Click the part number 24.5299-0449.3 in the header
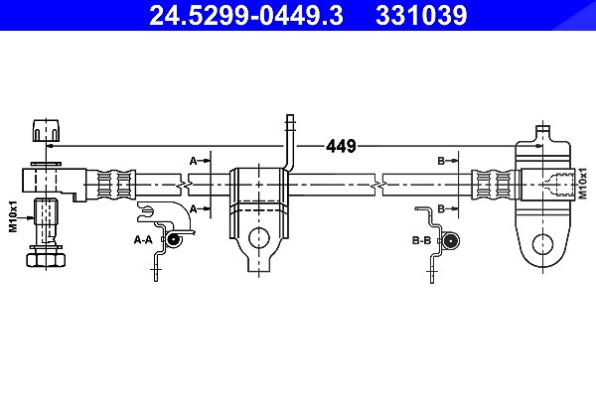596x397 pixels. pyautogui.click(x=246, y=15)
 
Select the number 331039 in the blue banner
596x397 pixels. pyautogui.click(x=421, y=15)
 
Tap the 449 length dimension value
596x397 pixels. pyautogui.click(x=341, y=146)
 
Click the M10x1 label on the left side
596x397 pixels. pyautogui.click(x=13, y=216)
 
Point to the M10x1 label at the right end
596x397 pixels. pyautogui.click(x=582, y=183)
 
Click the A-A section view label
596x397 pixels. pyautogui.click(x=143, y=240)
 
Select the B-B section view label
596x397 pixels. pyautogui.click(x=421, y=240)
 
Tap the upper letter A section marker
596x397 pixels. pyautogui.click(x=193, y=161)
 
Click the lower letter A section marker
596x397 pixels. pyautogui.click(x=193, y=208)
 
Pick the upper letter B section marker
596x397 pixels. pyautogui.click(x=441, y=161)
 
